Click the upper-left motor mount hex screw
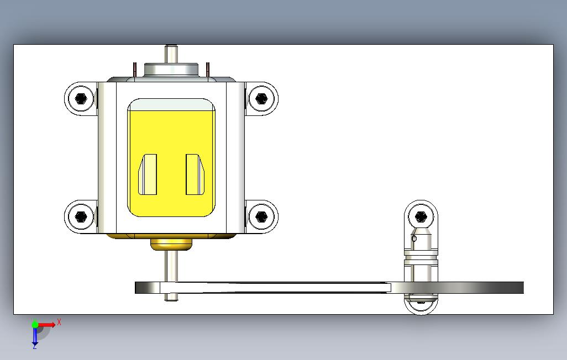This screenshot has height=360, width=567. point(81,98)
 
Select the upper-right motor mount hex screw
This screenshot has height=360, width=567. point(261,98)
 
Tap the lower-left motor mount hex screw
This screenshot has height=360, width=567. point(81,216)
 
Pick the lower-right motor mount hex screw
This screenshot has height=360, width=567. point(261,216)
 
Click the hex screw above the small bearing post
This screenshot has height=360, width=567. point(421,216)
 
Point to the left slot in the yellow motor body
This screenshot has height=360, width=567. point(148,174)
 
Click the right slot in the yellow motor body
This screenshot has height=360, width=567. point(195,174)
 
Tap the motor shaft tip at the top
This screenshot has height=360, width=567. point(171,47)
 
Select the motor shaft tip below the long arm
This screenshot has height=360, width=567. point(171,297)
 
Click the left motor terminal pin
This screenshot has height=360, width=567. point(135,70)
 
